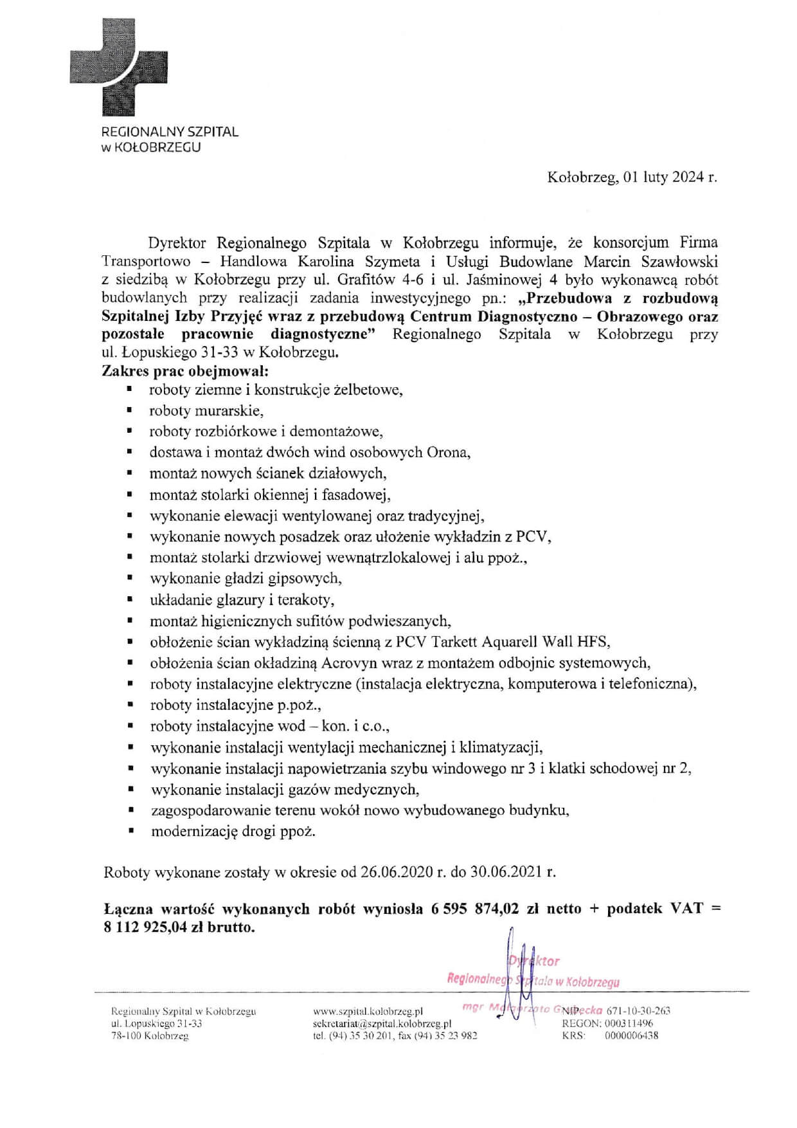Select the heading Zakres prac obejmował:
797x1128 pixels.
[185, 371]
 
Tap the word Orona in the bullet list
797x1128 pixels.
[448, 452]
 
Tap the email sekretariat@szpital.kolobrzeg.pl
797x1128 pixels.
[382, 1023]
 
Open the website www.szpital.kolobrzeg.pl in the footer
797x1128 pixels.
[368, 1011]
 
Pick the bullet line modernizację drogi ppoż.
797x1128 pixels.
[233, 832]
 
